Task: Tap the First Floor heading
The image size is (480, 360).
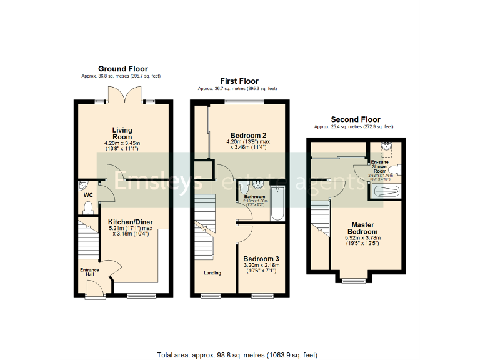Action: click(239, 81)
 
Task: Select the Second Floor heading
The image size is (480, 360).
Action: click(355, 119)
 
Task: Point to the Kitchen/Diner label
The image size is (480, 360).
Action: click(130, 222)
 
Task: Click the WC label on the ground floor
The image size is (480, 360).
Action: click(88, 195)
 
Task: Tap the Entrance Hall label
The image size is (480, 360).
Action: click(89, 272)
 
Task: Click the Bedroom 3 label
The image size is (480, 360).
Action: click(261, 259)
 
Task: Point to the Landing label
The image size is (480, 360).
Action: click(212, 272)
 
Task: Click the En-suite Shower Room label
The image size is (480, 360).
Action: click(381, 167)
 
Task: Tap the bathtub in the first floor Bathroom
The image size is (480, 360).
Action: click(277, 204)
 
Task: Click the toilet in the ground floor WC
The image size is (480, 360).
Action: click(84, 186)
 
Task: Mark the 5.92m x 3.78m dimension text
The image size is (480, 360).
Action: click(362, 238)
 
